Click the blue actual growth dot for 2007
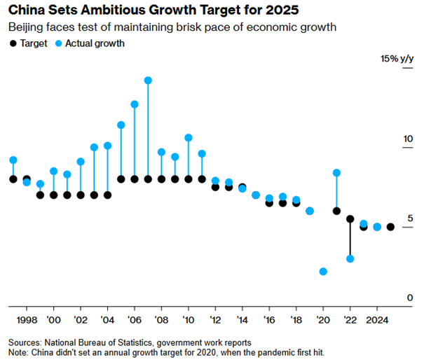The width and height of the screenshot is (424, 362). click(148, 81)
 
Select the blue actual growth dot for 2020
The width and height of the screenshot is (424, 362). click(323, 271)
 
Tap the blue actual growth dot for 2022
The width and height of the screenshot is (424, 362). click(350, 259)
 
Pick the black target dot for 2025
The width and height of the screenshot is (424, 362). click(390, 227)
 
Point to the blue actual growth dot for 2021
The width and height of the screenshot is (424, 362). click(336, 172)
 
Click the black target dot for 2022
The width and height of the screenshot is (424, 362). click(350, 219)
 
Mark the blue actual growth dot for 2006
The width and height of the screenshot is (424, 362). click(135, 104)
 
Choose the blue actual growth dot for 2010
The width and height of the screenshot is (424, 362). click(189, 138)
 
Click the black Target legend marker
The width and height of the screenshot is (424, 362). click(13, 43)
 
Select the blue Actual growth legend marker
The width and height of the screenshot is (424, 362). click(59, 43)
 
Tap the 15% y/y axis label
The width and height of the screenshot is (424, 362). click(397, 60)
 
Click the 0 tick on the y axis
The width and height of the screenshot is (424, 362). click(411, 298)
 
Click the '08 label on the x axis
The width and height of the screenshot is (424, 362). click(161, 320)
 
